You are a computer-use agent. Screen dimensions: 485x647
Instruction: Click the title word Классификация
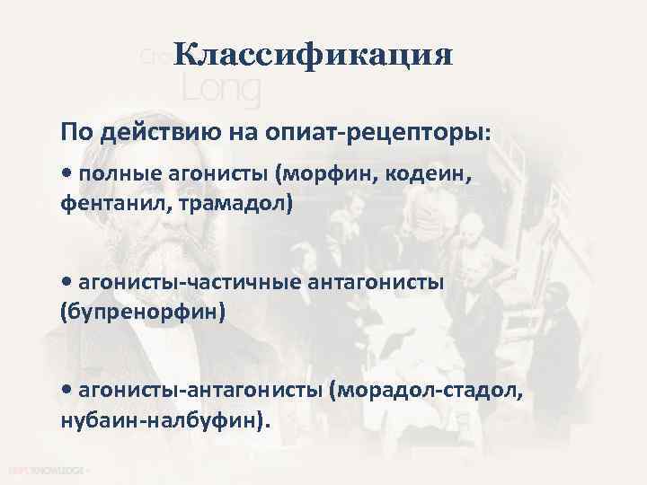tap(314, 56)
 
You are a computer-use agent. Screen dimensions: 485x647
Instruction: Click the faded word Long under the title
tap(221, 88)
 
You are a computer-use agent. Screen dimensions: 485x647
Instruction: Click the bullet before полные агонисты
tap(68, 172)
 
